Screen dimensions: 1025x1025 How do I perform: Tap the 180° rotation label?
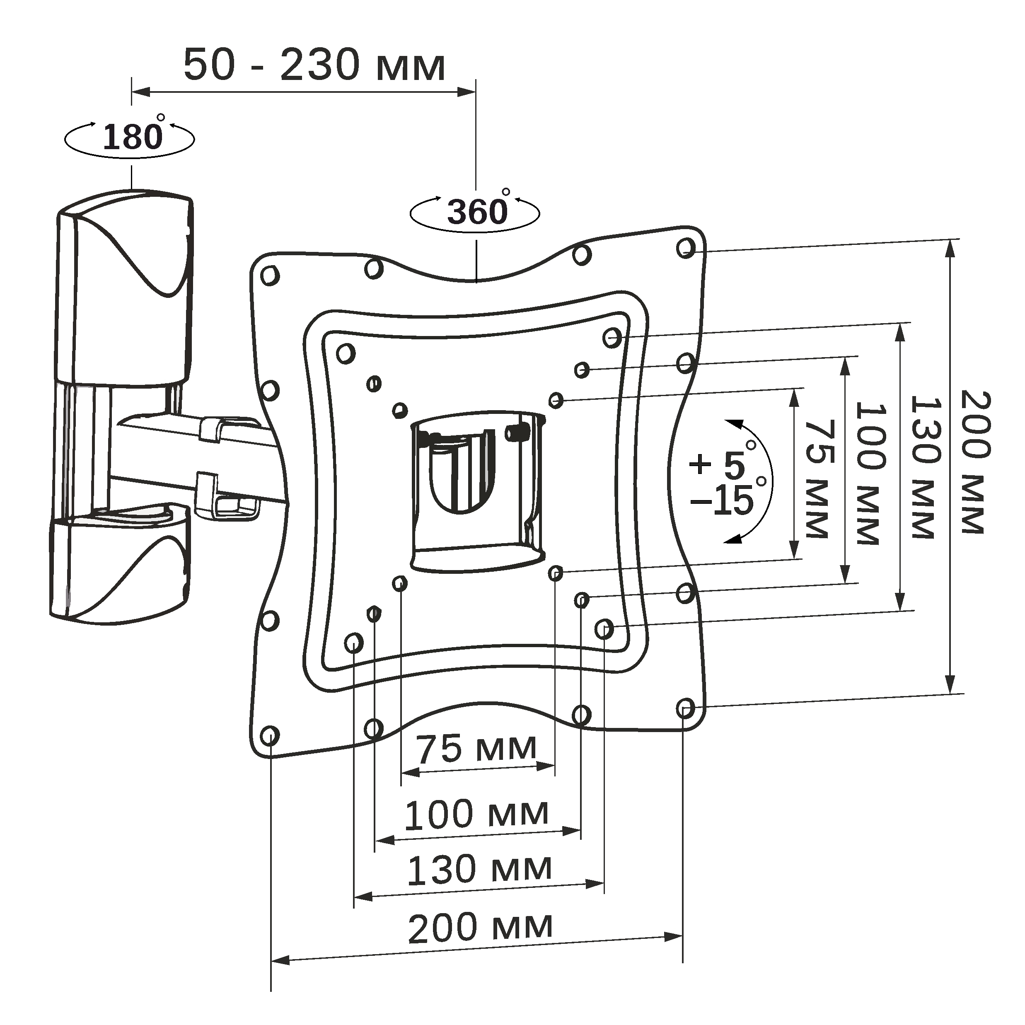pyautogui.click(x=133, y=137)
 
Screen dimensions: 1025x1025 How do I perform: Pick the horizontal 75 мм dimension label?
pyautogui.click(x=476, y=749)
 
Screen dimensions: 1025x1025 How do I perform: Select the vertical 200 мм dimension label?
pyautogui.click(x=975, y=462)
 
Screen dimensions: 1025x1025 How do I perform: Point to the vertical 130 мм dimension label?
pyautogui.click(x=924, y=467)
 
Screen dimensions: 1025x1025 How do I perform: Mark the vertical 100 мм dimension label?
pyautogui.click(x=870, y=473)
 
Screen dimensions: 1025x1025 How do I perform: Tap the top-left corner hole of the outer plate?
pyautogui.click(x=270, y=276)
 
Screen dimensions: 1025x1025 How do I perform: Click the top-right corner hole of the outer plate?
pyautogui.click(x=686, y=248)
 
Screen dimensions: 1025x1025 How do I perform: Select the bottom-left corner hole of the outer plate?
pyautogui.click(x=270, y=736)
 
